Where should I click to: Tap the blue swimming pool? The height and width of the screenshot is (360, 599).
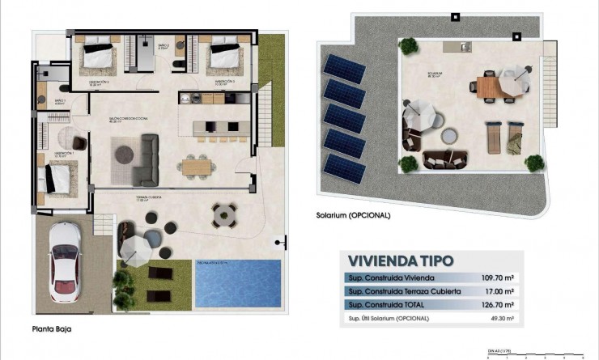click(x=237, y=282)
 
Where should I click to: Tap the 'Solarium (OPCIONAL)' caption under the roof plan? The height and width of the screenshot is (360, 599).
click(x=354, y=215)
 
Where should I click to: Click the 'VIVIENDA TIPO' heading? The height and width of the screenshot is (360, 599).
click(x=400, y=260)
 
